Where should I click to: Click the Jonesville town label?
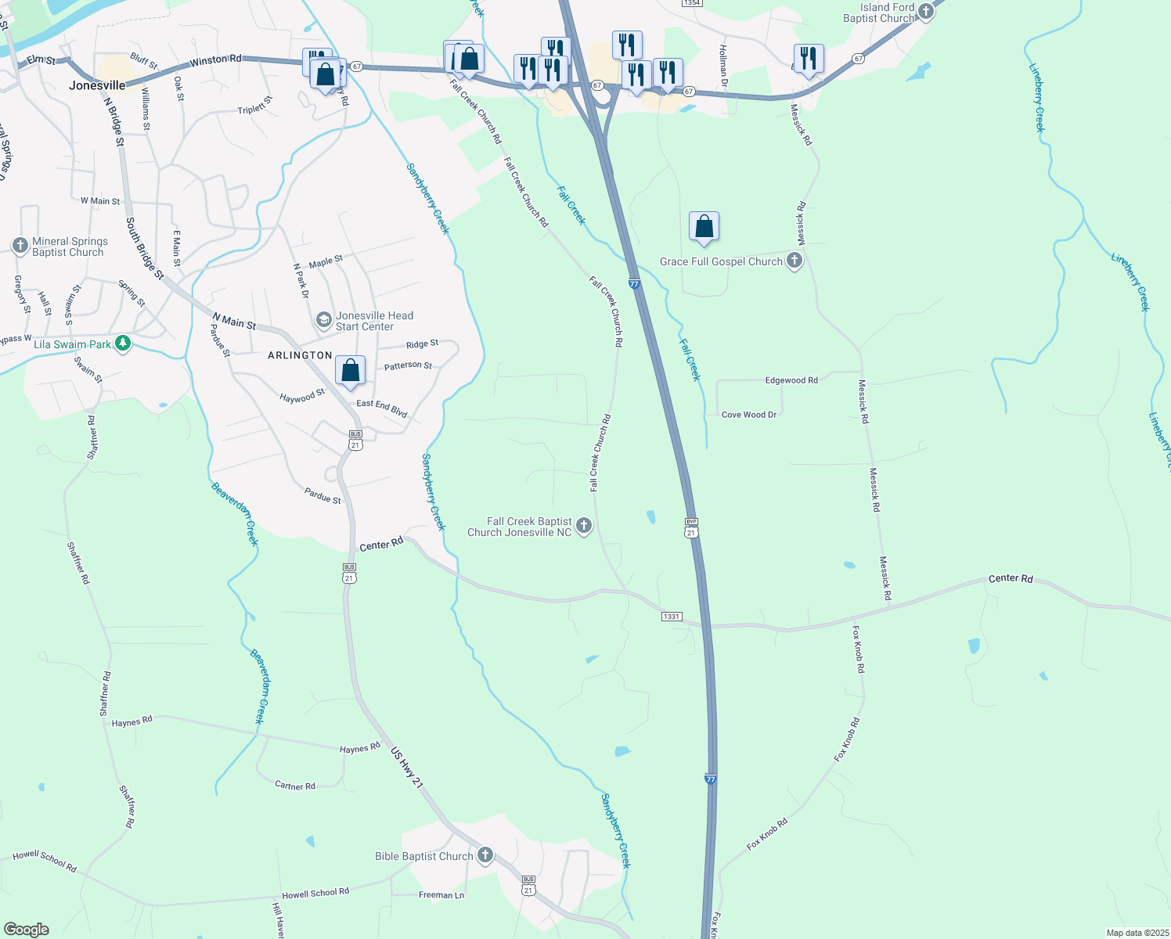[97, 85]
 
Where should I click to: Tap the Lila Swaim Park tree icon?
[122, 344]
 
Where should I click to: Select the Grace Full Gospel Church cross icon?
[794, 261]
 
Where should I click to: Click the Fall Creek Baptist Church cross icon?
[584, 526]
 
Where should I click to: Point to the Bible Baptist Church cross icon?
[485, 855]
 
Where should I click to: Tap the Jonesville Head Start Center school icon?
[323, 320]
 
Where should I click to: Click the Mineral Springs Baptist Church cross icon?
[20, 246]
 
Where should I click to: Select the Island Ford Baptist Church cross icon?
[926, 12]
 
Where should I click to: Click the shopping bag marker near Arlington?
[351, 370]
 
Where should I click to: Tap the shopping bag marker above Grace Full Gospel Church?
[704, 226]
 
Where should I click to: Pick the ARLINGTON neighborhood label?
[300, 355]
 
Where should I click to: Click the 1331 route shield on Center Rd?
[671, 617]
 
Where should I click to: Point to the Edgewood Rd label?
[791, 380]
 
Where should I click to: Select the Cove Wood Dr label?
[749, 415]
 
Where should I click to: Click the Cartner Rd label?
[295, 786]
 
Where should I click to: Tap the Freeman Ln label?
[441, 895]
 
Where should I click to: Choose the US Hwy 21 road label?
[407, 768]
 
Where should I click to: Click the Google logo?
[27, 929]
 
